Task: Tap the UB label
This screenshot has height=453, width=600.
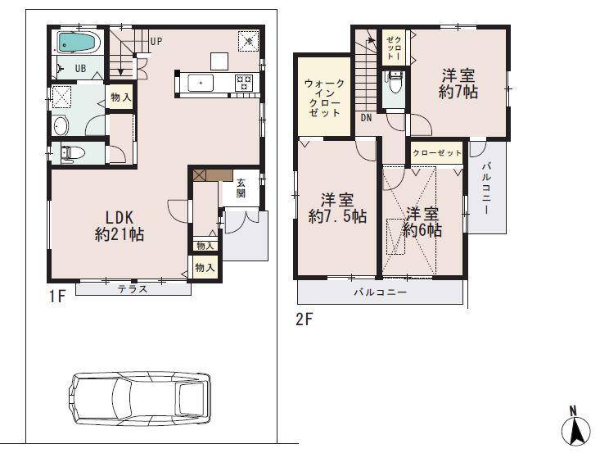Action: tap(82, 69)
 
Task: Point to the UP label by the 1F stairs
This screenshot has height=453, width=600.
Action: tap(156, 41)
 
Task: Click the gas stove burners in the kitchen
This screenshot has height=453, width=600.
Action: tap(245, 81)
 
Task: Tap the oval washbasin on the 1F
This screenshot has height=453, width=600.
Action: tap(61, 126)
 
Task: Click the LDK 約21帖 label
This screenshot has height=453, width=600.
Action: tap(120, 226)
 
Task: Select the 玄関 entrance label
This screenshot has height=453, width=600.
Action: tap(241, 188)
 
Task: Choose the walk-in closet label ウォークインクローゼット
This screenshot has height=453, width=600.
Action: tap(324, 98)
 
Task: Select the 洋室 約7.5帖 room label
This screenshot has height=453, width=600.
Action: tap(336, 208)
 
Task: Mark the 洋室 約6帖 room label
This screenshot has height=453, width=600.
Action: tap(423, 222)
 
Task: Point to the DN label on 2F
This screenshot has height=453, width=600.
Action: tap(365, 117)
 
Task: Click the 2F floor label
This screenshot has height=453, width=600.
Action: tap(304, 320)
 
